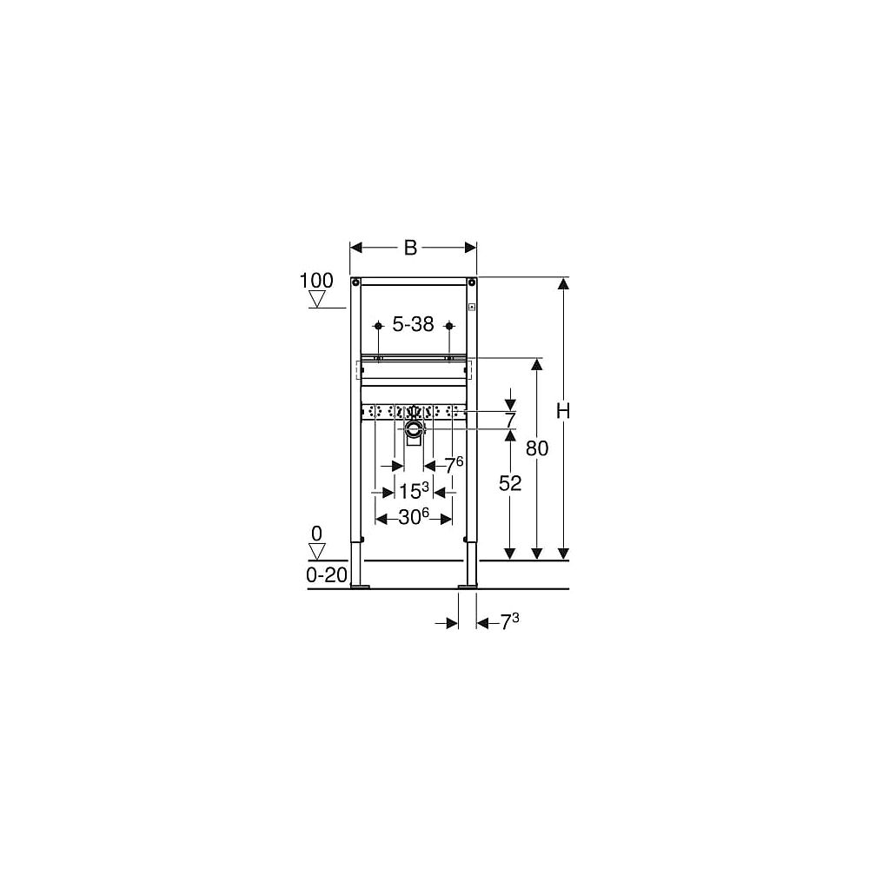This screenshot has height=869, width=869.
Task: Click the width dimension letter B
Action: click(x=411, y=248)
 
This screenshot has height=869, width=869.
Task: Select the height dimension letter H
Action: click(x=563, y=413)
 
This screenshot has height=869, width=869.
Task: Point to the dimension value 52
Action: click(x=510, y=484)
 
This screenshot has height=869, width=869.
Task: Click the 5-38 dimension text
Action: click(x=413, y=325)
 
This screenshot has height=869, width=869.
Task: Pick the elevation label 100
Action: click(x=316, y=281)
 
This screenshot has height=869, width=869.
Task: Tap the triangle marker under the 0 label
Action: click(x=317, y=551)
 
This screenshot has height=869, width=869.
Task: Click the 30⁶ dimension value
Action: click(x=414, y=518)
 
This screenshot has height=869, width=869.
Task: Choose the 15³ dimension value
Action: click(x=414, y=491)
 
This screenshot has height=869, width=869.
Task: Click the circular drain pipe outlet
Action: click(x=414, y=427)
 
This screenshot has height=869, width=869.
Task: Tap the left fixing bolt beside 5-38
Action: click(x=377, y=326)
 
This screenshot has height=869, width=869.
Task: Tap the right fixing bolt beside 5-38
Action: click(x=448, y=326)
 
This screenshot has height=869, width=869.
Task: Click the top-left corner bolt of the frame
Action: click(x=355, y=282)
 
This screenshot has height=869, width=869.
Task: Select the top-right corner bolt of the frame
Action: click(x=471, y=282)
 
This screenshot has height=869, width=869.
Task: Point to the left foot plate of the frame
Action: click(x=360, y=586)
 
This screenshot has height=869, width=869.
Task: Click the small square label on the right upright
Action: click(x=472, y=306)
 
